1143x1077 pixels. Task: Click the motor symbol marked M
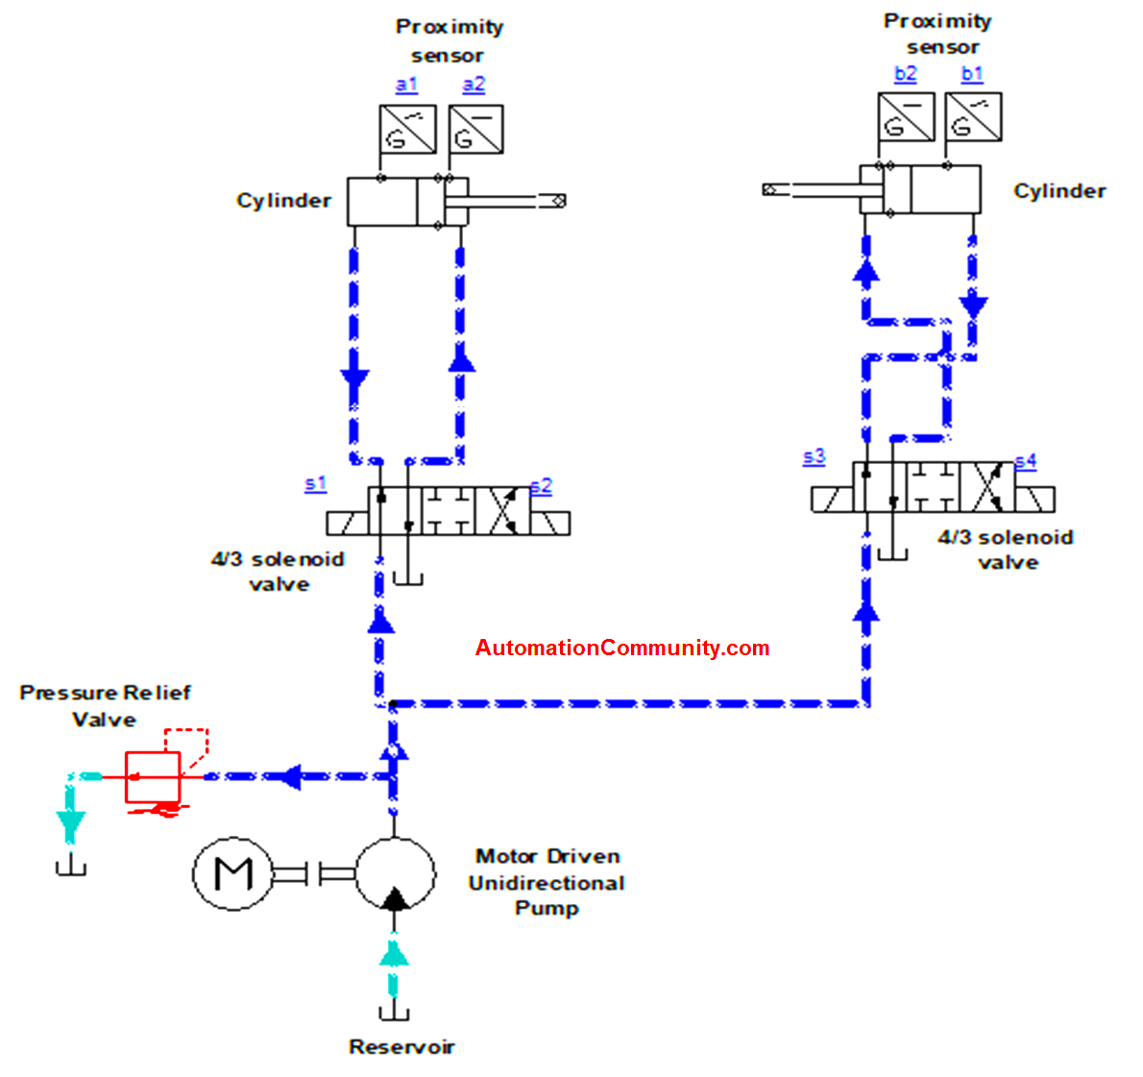click(x=233, y=874)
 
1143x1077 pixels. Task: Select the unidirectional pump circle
click(x=394, y=873)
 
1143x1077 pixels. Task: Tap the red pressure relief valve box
click(x=153, y=776)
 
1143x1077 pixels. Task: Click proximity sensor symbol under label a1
click(x=407, y=129)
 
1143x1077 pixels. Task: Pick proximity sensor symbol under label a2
click(x=475, y=129)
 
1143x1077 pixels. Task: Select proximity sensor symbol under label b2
click(x=906, y=116)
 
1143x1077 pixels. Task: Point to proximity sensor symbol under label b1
click(x=973, y=116)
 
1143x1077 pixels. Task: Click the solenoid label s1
click(x=315, y=483)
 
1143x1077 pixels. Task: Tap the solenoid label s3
click(x=814, y=456)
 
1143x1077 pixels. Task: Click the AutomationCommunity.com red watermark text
click(x=622, y=648)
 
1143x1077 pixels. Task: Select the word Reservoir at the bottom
click(x=401, y=1047)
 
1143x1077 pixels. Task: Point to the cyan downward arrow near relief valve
click(x=70, y=824)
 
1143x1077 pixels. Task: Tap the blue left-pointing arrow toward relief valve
click(x=287, y=775)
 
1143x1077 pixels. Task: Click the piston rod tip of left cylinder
click(x=556, y=200)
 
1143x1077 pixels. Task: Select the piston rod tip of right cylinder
click(x=770, y=190)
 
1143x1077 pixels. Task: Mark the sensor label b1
click(x=972, y=73)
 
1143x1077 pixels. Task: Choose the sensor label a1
click(x=406, y=85)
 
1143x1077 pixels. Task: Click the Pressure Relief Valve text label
click(x=105, y=705)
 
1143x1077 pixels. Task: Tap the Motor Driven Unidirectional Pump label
click(x=547, y=882)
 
